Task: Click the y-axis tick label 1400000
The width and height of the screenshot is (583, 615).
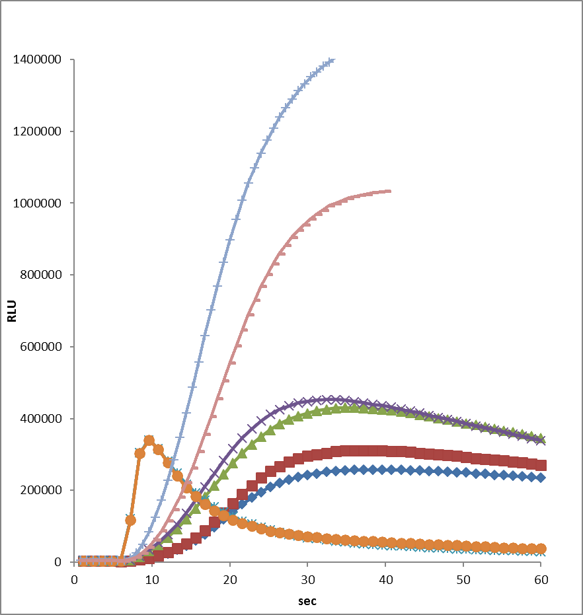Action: (38, 60)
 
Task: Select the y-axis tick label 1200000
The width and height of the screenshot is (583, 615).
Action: (38, 132)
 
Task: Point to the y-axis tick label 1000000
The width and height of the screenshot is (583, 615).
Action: (38, 203)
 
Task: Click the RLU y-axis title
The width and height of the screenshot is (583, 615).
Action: (12, 311)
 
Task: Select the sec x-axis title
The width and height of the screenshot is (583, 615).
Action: (307, 601)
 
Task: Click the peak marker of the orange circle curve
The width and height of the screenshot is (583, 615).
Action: (149, 441)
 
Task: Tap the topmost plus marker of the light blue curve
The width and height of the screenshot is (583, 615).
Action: (330, 61)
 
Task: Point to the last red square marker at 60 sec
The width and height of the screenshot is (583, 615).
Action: (541, 465)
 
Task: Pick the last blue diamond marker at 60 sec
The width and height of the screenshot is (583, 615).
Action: (541, 478)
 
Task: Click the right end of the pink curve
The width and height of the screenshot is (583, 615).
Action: (389, 191)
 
